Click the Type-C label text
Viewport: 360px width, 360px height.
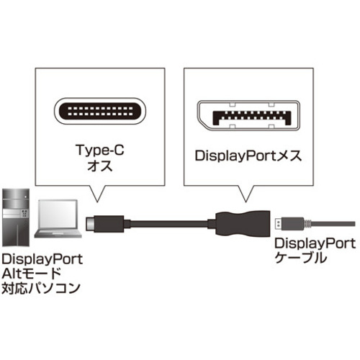100,150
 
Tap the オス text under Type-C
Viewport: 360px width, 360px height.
100,166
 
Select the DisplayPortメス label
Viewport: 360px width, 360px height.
248,156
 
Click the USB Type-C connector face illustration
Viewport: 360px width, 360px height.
100,111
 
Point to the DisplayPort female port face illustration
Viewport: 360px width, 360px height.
248,115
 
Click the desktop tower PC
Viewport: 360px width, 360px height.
16,217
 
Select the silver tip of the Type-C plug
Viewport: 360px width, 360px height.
89,224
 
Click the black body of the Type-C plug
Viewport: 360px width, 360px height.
109,224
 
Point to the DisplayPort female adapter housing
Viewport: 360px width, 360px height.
243,224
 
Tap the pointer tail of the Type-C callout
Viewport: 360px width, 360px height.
97,194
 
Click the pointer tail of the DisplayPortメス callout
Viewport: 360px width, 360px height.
246,194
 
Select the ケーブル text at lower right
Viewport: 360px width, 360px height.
301,258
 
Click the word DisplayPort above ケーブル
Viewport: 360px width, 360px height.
315,244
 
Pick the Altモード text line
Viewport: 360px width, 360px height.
31,274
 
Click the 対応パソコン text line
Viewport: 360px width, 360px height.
41,288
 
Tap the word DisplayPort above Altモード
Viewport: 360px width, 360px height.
42,260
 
